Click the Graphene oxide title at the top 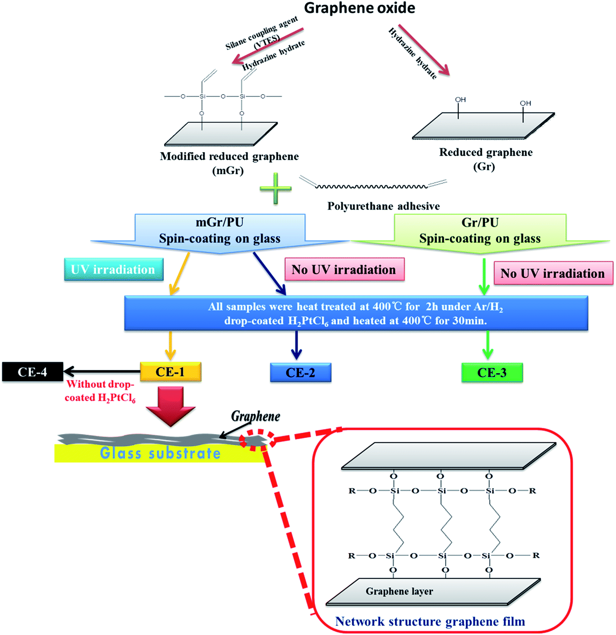359,8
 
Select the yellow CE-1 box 171,372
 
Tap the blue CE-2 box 300,372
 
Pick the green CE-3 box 492,372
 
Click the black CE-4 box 33,372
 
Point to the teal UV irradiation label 114,270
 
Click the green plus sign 275,189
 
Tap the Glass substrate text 160,453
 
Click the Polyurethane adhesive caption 384,206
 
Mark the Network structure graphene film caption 430,621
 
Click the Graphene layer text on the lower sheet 399,591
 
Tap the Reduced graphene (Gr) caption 486,159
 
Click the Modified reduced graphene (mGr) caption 229,163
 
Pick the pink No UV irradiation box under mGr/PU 344,270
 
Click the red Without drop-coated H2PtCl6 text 100,391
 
